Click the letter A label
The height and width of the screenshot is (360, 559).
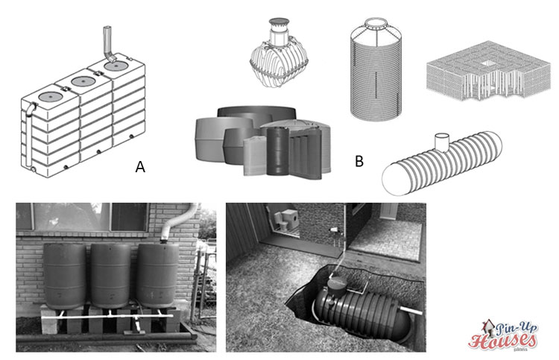[140, 168]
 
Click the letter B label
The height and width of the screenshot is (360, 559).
[359, 160]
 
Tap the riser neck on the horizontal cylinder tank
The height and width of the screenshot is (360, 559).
[441, 141]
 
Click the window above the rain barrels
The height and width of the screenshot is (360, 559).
[82, 215]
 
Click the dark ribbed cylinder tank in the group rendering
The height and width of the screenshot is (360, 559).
[280, 150]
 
